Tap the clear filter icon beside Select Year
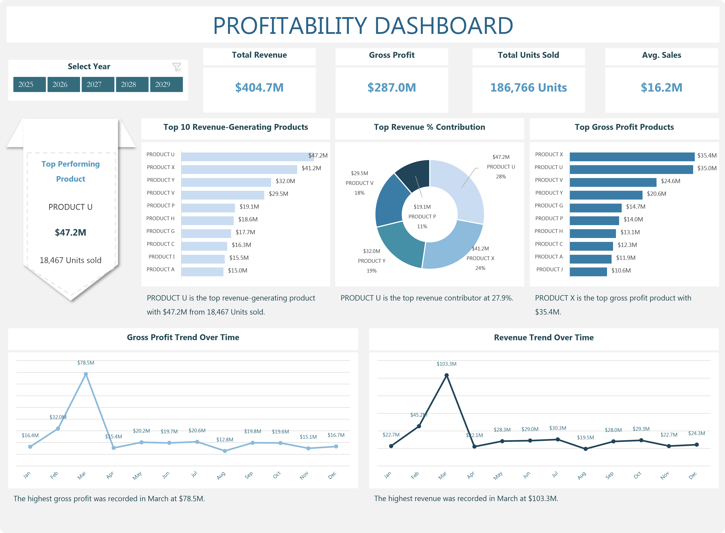click(x=177, y=67)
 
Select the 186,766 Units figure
click(x=528, y=87)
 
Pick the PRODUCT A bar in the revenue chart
click(x=202, y=272)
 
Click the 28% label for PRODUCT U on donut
click(x=501, y=176)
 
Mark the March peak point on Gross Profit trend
click(x=86, y=374)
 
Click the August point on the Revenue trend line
click(x=585, y=449)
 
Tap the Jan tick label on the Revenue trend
click(x=387, y=475)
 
